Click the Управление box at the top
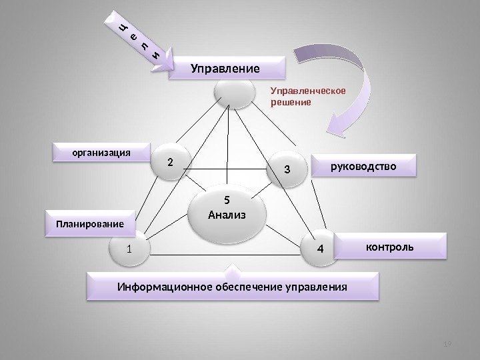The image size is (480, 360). pyautogui.click(x=225, y=67)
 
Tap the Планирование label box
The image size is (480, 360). pyautogui.click(x=89, y=224)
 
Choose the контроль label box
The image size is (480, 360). pyautogui.click(x=389, y=247)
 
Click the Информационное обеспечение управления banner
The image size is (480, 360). pyautogui.click(x=232, y=287)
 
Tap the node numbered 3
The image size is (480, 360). pyautogui.click(x=287, y=169)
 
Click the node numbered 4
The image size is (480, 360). pyautogui.click(x=319, y=249)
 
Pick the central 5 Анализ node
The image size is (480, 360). pyautogui.click(x=227, y=208)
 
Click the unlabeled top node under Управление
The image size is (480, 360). pyautogui.click(x=232, y=94)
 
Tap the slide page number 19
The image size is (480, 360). pyautogui.click(x=447, y=343)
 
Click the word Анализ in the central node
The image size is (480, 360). pyautogui.click(x=227, y=215)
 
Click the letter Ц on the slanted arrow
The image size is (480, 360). pyautogui.click(x=123, y=27)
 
